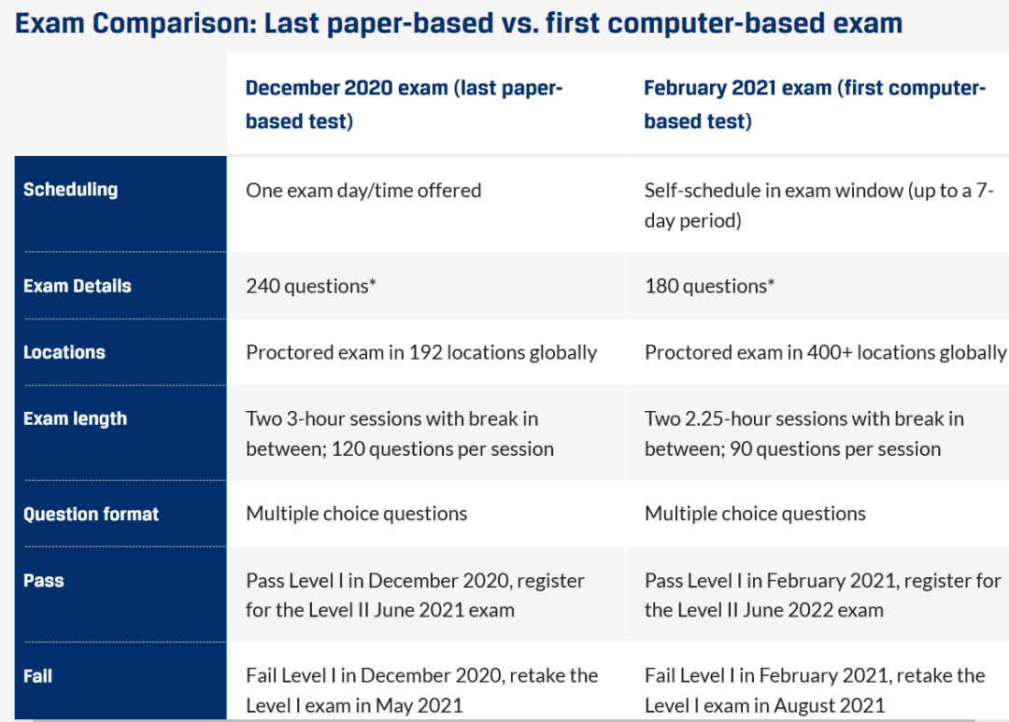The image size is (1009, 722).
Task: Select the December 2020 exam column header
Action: [405, 105]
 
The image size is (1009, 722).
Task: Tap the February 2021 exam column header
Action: [815, 105]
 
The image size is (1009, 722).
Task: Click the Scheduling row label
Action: [71, 190]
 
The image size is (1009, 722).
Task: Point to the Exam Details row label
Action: [78, 286]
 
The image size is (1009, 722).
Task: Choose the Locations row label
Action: [64, 352]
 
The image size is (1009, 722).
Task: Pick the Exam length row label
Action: [76, 419]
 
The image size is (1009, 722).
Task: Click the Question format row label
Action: [91, 514]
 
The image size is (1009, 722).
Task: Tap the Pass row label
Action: [44, 580]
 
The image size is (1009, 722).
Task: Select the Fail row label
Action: [38, 675]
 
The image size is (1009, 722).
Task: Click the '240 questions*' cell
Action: [311, 286]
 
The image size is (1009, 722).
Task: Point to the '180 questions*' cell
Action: [709, 286]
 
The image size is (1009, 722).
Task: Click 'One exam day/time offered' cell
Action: [363, 191]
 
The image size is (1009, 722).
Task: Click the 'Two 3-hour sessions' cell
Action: [400, 433]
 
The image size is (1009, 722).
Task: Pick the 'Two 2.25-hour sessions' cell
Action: [804, 433]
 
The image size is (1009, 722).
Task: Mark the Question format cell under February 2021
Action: [755, 514]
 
